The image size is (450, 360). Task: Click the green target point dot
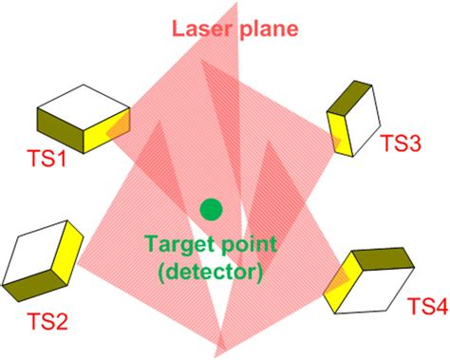[210, 208]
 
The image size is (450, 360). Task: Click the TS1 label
[47, 162]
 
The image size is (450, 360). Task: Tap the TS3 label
[403, 143]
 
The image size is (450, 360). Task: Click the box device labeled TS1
[84, 119]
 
